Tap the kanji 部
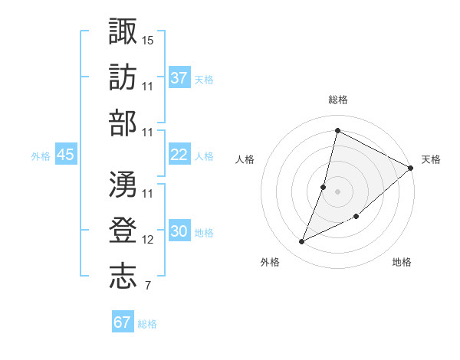pyautogui.click(x=123, y=123)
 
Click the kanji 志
pyautogui.click(x=123, y=277)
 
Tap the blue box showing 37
pyautogui.click(x=179, y=77)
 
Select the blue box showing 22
pyautogui.click(x=179, y=155)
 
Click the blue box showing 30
pyautogui.click(x=179, y=231)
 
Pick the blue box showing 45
pyautogui.click(x=65, y=155)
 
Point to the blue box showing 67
pyautogui.click(x=123, y=322)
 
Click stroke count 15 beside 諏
pyautogui.click(x=149, y=38)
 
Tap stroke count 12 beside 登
pyautogui.click(x=149, y=240)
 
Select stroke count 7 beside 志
pyautogui.click(x=147, y=286)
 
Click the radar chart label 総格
pyautogui.click(x=337, y=100)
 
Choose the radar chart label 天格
pyautogui.click(x=431, y=159)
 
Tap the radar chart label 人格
pyautogui.click(x=245, y=159)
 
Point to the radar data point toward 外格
pyautogui.click(x=302, y=242)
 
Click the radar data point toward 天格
pyautogui.click(x=410, y=168)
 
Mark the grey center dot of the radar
pyautogui.click(x=337, y=191)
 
